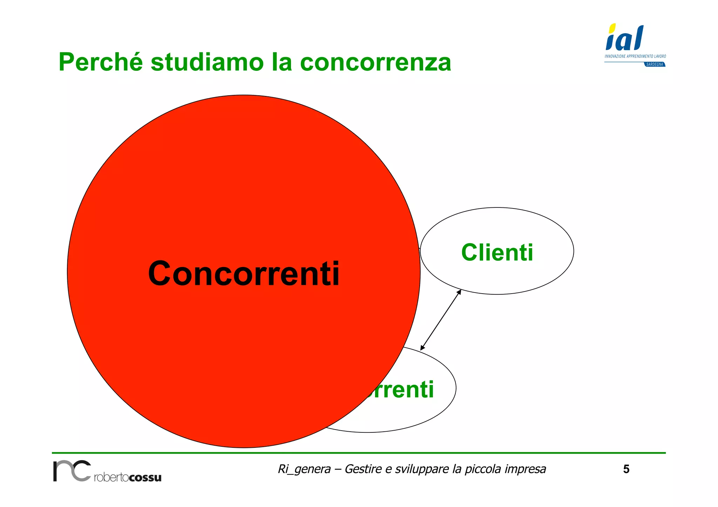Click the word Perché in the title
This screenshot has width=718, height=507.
tap(100, 62)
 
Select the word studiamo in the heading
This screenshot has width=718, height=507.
tap(207, 62)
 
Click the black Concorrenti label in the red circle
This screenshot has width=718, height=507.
tap(244, 274)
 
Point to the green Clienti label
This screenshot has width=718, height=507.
tap(497, 252)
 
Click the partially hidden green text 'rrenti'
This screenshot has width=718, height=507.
tap(400, 390)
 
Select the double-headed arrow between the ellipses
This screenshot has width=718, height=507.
tap(441, 320)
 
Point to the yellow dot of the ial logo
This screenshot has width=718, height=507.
tap(612, 28)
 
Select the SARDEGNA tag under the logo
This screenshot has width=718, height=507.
tap(655, 64)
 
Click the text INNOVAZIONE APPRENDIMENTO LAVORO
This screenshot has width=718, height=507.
tap(635, 56)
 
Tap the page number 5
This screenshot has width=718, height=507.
tap(626, 469)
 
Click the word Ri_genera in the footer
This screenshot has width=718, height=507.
tap(304, 469)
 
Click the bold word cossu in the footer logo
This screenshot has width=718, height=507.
tap(145, 477)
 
